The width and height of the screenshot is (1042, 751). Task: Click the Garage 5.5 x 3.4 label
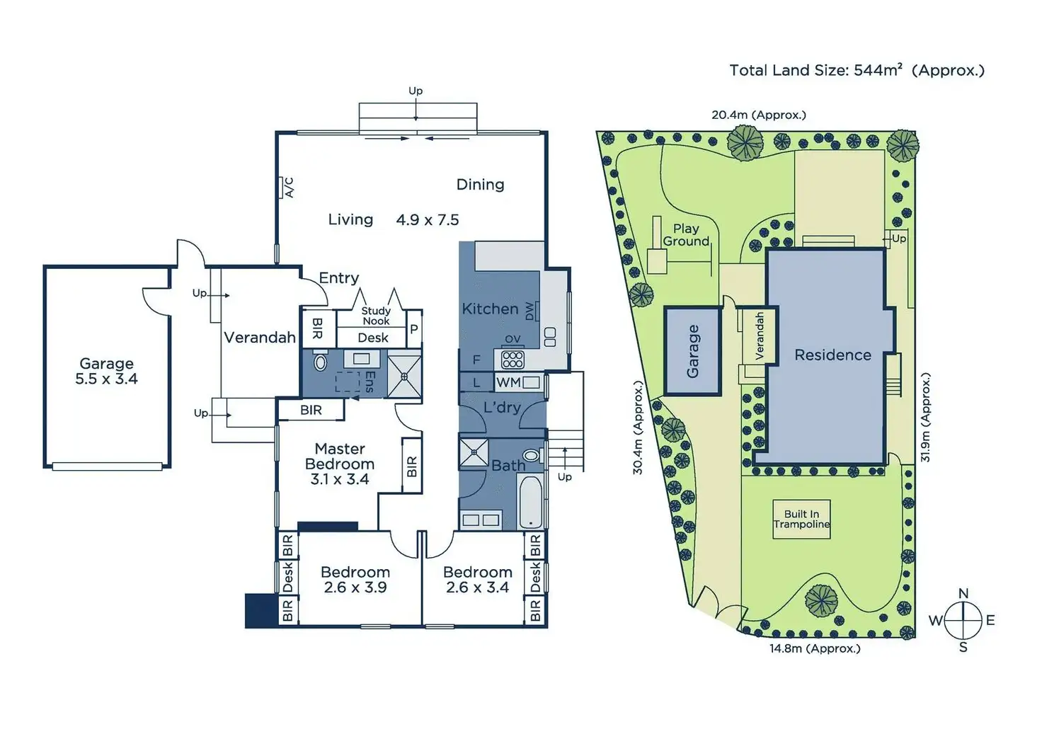[x=106, y=371]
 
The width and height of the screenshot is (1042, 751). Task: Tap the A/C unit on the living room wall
[x=286, y=187]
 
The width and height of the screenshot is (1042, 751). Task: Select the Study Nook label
[x=376, y=316]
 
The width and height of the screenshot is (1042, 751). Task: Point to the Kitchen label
[x=490, y=309]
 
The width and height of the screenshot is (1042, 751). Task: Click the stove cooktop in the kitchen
[x=513, y=359]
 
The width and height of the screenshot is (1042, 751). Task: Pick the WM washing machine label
[x=508, y=382]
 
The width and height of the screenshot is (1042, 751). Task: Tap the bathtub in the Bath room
[x=530, y=502]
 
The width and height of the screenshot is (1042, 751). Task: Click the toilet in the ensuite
[x=320, y=362]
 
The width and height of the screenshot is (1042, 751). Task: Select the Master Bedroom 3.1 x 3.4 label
[x=340, y=464]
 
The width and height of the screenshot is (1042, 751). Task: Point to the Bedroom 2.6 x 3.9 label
[x=355, y=579]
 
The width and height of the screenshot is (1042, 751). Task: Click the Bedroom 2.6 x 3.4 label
[x=478, y=579]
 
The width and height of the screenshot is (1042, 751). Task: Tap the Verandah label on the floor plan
[x=260, y=338]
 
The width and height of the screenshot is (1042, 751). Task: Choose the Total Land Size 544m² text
[x=857, y=70]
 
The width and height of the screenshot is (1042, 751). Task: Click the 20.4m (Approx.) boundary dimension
[x=758, y=115]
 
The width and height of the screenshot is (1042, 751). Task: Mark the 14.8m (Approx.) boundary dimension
[x=815, y=648]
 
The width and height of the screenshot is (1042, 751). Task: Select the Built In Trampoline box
[x=801, y=520]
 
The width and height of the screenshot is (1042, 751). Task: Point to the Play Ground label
[x=686, y=235]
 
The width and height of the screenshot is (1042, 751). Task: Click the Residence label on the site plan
[x=832, y=355]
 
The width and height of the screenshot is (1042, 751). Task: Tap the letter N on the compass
[x=963, y=594]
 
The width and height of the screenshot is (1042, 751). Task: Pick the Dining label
[x=480, y=185]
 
